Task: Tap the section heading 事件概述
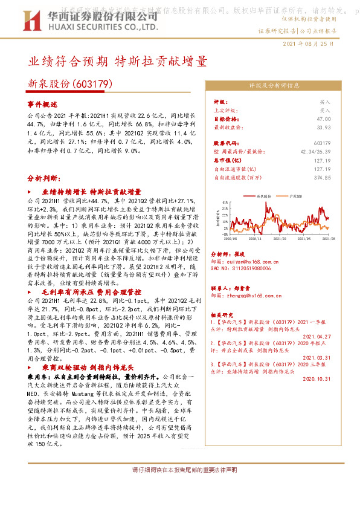(42, 105)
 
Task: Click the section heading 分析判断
(44, 180)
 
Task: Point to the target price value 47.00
(323, 119)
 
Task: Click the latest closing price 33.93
(323, 128)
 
